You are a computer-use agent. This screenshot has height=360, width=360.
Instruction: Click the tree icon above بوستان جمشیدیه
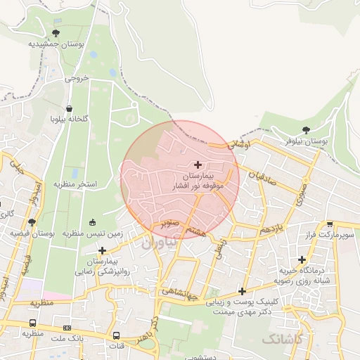click(x=56, y=32)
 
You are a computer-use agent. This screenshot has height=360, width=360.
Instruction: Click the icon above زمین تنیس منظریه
click(x=93, y=223)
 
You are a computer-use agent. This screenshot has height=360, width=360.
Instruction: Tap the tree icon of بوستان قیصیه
click(x=31, y=222)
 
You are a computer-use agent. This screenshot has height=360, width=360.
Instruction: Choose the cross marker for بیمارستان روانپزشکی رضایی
click(x=103, y=250)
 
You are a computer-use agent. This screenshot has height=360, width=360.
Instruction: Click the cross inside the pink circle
click(x=197, y=164)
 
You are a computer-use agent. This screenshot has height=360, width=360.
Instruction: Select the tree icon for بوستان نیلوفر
click(x=305, y=130)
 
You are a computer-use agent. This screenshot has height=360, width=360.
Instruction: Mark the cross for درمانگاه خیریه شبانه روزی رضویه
click(x=302, y=259)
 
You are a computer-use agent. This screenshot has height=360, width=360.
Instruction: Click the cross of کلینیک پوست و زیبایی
click(x=242, y=291)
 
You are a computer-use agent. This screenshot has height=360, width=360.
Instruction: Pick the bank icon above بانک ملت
click(x=67, y=328)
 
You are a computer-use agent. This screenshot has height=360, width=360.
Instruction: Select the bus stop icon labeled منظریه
click(x=32, y=323)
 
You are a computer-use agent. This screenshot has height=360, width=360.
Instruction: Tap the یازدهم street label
click(x=270, y=230)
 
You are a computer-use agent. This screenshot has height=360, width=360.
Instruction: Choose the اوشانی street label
click(x=240, y=143)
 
